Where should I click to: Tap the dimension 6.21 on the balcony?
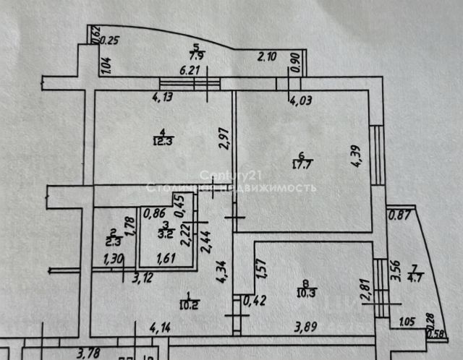[188, 70]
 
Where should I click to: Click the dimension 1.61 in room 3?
[165, 257]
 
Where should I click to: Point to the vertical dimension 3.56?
[394, 270]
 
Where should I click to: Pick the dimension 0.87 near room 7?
[399, 214]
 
